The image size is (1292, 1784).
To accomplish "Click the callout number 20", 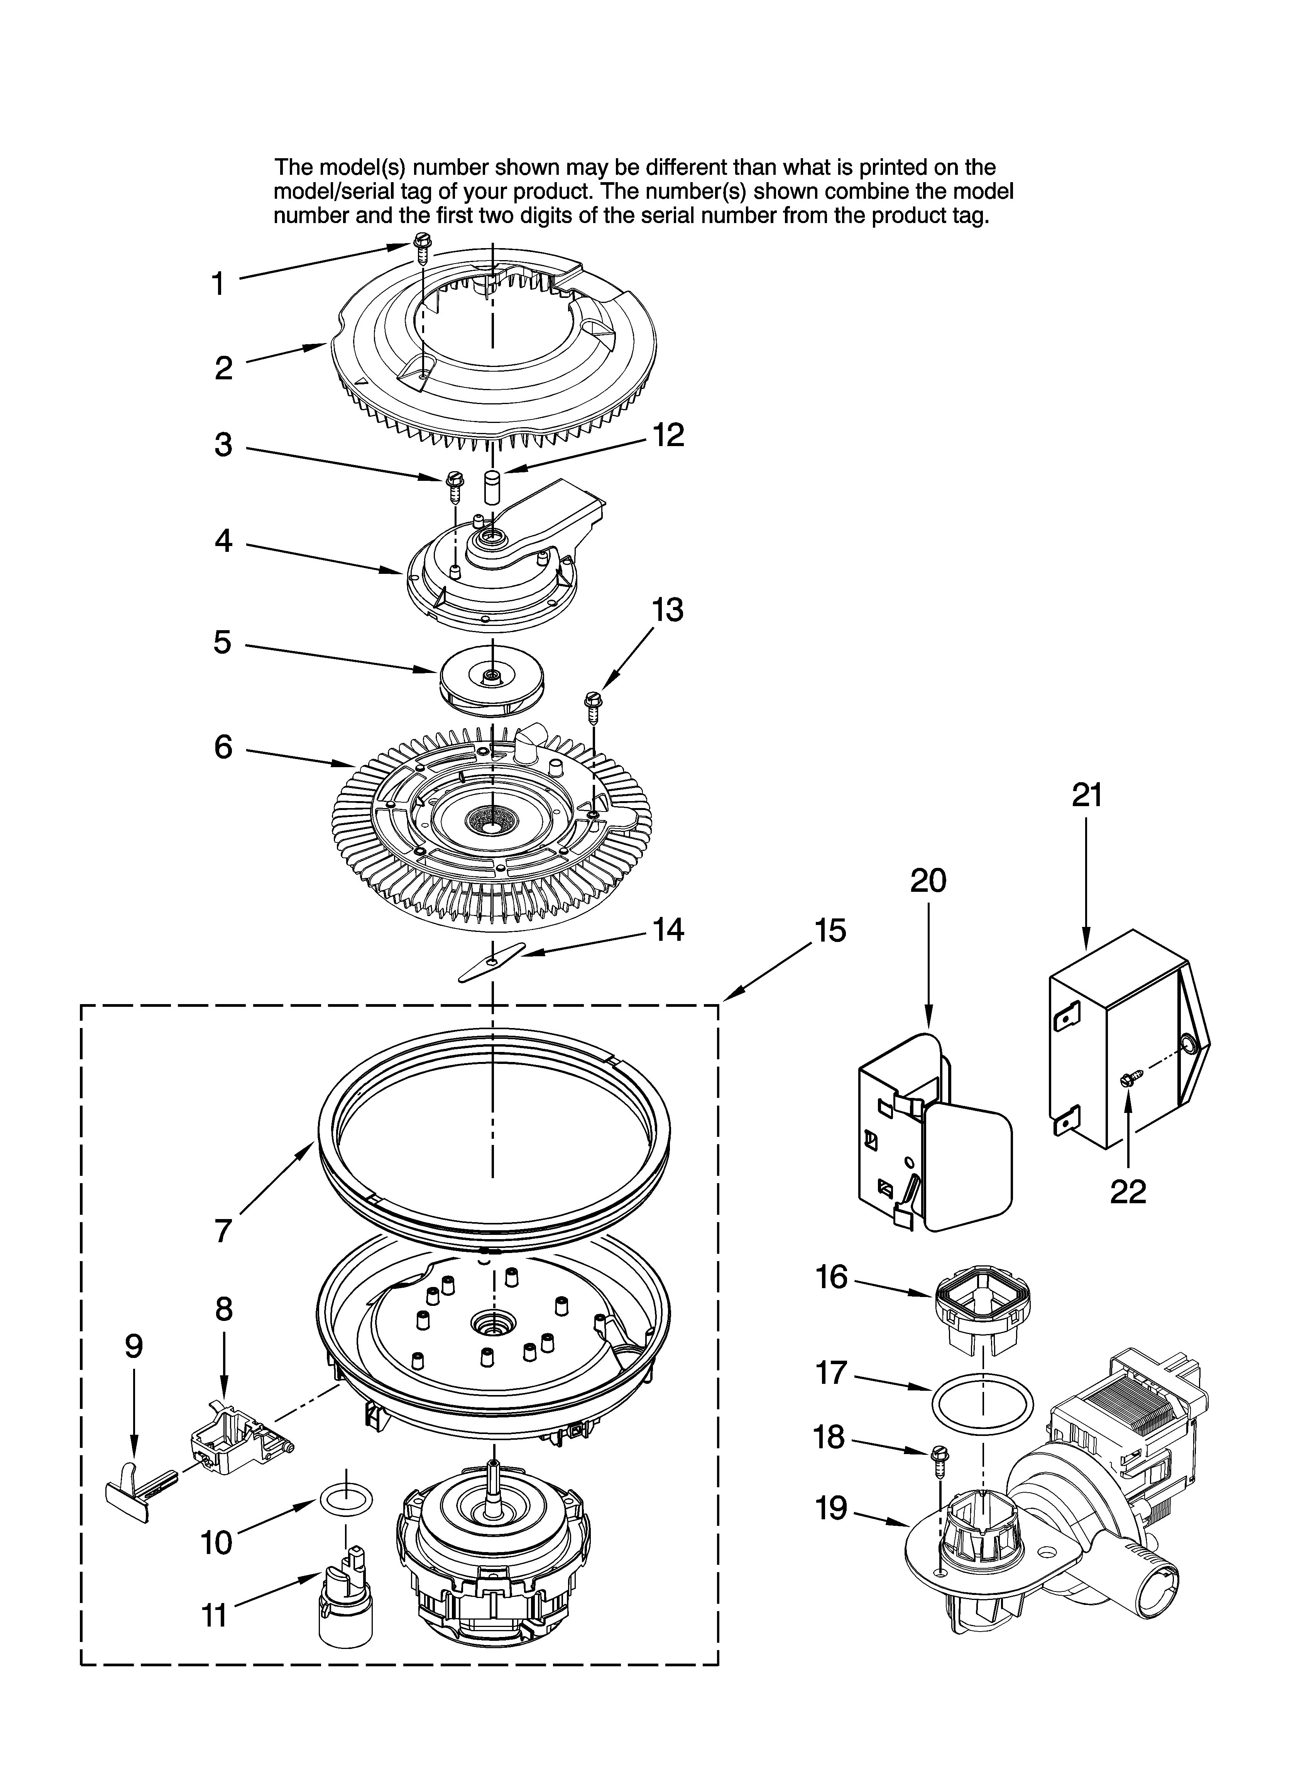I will tap(928, 881).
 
